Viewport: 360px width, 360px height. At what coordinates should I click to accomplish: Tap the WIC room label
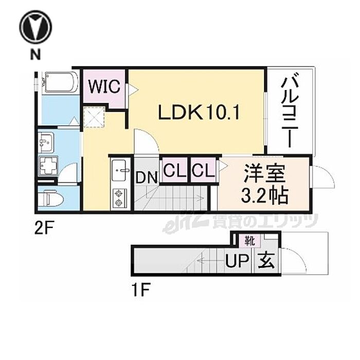click(104, 86)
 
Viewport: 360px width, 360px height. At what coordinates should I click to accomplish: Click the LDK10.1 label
click(199, 113)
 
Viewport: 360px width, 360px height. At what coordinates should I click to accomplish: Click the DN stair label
click(147, 178)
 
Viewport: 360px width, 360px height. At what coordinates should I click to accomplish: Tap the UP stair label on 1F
click(237, 262)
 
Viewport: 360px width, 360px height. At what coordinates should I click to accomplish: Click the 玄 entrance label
click(266, 261)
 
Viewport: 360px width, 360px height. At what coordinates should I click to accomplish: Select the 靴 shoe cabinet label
click(249, 241)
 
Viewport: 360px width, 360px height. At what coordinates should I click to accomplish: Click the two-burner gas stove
click(118, 198)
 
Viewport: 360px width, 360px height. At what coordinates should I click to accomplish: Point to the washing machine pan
click(48, 165)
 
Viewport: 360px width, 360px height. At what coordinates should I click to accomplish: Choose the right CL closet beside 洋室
click(203, 170)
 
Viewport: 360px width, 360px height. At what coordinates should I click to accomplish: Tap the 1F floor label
click(141, 290)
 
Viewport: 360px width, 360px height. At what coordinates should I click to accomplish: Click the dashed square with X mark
click(94, 117)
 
